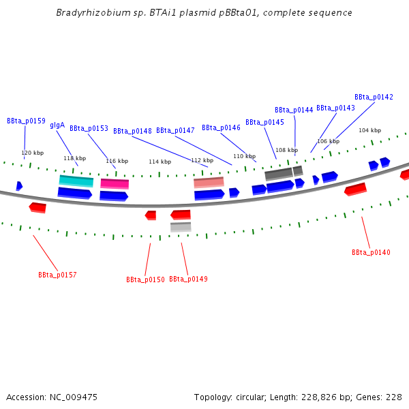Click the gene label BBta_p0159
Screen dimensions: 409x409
[26, 121]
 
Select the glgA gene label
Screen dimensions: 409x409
[57, 125]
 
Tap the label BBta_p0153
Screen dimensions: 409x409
[89, 128]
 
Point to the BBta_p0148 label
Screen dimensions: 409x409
[132, 131]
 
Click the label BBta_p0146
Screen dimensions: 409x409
[221, 127]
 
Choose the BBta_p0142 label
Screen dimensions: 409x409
[374, 97]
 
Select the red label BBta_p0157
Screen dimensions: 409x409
[57, 275]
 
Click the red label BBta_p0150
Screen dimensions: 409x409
[145, 279]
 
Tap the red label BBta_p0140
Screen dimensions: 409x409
[371, 252]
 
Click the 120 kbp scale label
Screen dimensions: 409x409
[32, 153]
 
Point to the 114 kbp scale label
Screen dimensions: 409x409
[160, 162]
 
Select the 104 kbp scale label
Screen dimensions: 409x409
[369, 130]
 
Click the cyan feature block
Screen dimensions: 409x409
[76, 181]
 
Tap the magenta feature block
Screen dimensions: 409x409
[115, 183]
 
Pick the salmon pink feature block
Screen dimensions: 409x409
[209, 182]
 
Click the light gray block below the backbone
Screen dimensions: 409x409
[181, 226]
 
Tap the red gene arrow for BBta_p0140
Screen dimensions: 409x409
[355, 189]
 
